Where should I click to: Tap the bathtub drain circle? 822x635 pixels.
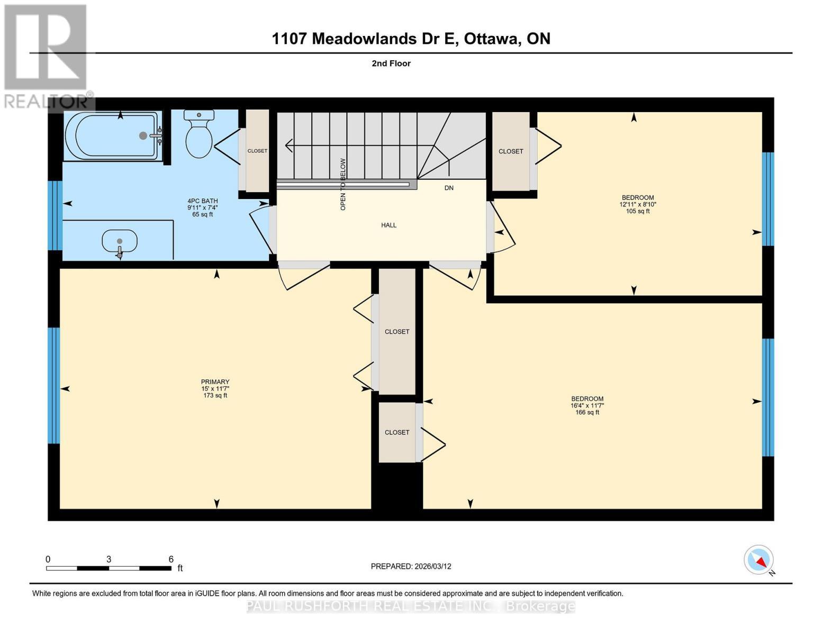(x=143, y=135)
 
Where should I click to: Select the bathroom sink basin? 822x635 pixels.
(x=119, y=242)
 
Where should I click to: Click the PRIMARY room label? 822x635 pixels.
(x=215, y=382)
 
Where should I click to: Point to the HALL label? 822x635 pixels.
(x=389, y=225)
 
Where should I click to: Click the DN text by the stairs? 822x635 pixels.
(x=449, y=188)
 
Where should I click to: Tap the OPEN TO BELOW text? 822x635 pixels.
(x=343, y=184)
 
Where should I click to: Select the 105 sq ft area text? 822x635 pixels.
(x=637, y=211)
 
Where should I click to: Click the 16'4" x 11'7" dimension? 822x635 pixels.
(x=587, y=406)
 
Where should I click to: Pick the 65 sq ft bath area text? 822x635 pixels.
(x=202, y=214)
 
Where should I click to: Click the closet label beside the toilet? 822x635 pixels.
(x=257, y=151)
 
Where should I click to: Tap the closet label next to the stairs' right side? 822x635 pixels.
(x=511, y=151)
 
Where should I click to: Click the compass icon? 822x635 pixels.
(x=758, y=560)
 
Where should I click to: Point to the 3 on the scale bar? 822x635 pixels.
(x=109, y=559)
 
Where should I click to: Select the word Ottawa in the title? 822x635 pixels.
(x=491, y=39)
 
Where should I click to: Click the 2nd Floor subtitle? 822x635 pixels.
(x=391, y=63)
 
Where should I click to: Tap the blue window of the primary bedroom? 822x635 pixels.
(x=53, y=385)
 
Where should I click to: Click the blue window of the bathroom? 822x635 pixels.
(x=55, y=215)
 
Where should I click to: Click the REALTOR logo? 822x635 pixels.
(x=47, y=56)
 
